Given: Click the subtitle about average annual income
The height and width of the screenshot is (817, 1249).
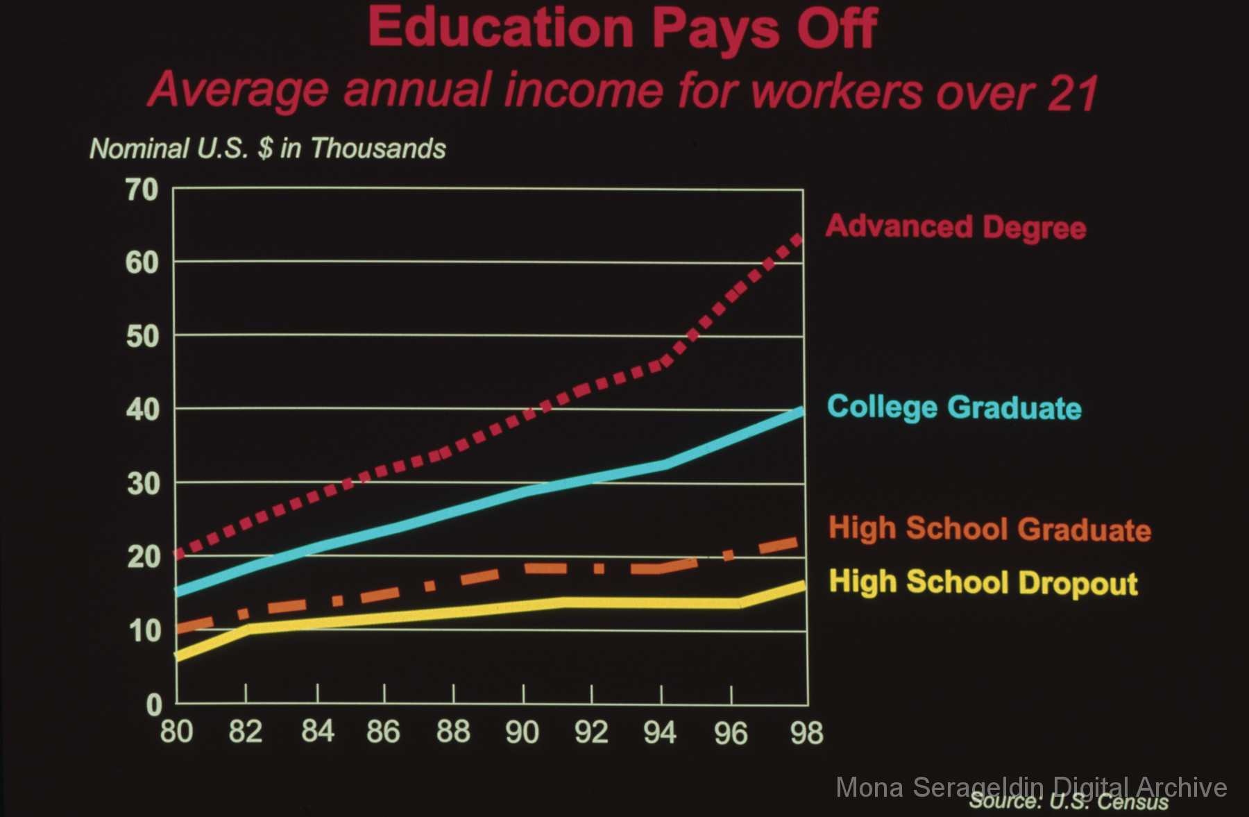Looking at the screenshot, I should (x=622, y=91).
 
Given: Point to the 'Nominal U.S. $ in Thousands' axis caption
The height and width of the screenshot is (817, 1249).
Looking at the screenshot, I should (x=267, y=149).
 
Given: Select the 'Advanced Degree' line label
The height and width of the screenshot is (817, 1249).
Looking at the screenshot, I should (x=955, y=227).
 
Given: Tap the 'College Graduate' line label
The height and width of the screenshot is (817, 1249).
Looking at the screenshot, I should (x=954, y=407).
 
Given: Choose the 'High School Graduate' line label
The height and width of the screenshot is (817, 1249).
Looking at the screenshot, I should (x=989, y=529).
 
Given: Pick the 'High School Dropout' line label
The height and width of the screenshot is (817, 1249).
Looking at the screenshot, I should (x=983, y=582).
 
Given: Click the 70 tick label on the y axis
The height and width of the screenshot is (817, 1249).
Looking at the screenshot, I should (x=142, y=189).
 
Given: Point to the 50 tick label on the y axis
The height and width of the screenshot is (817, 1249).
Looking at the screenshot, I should (x=142, y=337).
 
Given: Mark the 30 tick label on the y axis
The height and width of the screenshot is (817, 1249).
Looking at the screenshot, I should (x=143, y=484).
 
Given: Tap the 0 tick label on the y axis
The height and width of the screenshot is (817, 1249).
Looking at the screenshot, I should (x=154, y=705).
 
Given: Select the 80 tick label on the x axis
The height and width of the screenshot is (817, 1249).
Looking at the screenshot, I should (x=176, y=732).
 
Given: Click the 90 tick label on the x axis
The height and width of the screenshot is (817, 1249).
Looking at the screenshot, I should (x=522, y=732).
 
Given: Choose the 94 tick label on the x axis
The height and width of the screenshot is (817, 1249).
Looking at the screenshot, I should (x=660, y=732).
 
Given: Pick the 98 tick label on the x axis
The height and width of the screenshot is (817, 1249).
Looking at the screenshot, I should (x=806, y=733).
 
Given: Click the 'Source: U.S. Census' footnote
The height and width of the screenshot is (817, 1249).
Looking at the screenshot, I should (x=1069, y=802).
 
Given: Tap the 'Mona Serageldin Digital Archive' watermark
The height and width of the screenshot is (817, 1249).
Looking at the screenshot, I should (x=1031, y=787).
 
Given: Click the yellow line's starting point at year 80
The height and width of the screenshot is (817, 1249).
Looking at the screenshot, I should (x=178, y=656).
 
